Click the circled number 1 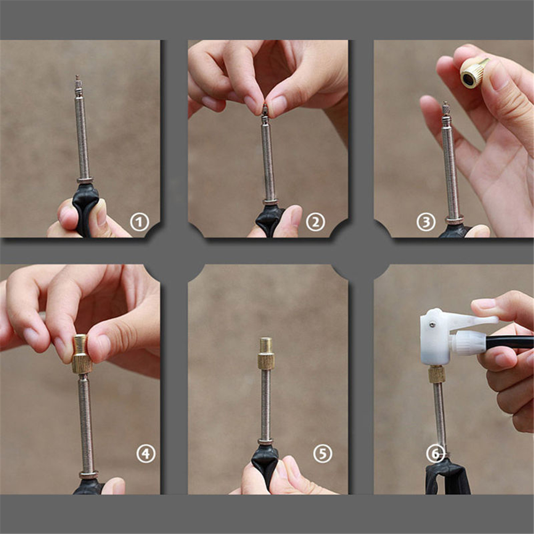(x=140, y=222)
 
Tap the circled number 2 (x=315, y=222)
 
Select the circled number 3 (x=426, y=222)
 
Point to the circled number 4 (x=146, y=454)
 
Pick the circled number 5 (x=322, y=454)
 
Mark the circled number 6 (x=435, y=454)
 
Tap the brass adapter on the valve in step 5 (x=266, y=354)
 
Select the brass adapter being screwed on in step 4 (x=82, y=354)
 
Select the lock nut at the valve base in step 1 (x=85, y=180)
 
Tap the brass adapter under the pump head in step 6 (x=436, y=374)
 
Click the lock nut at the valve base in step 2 (x=270, y=202)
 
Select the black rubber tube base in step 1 (x=85, y=208)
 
